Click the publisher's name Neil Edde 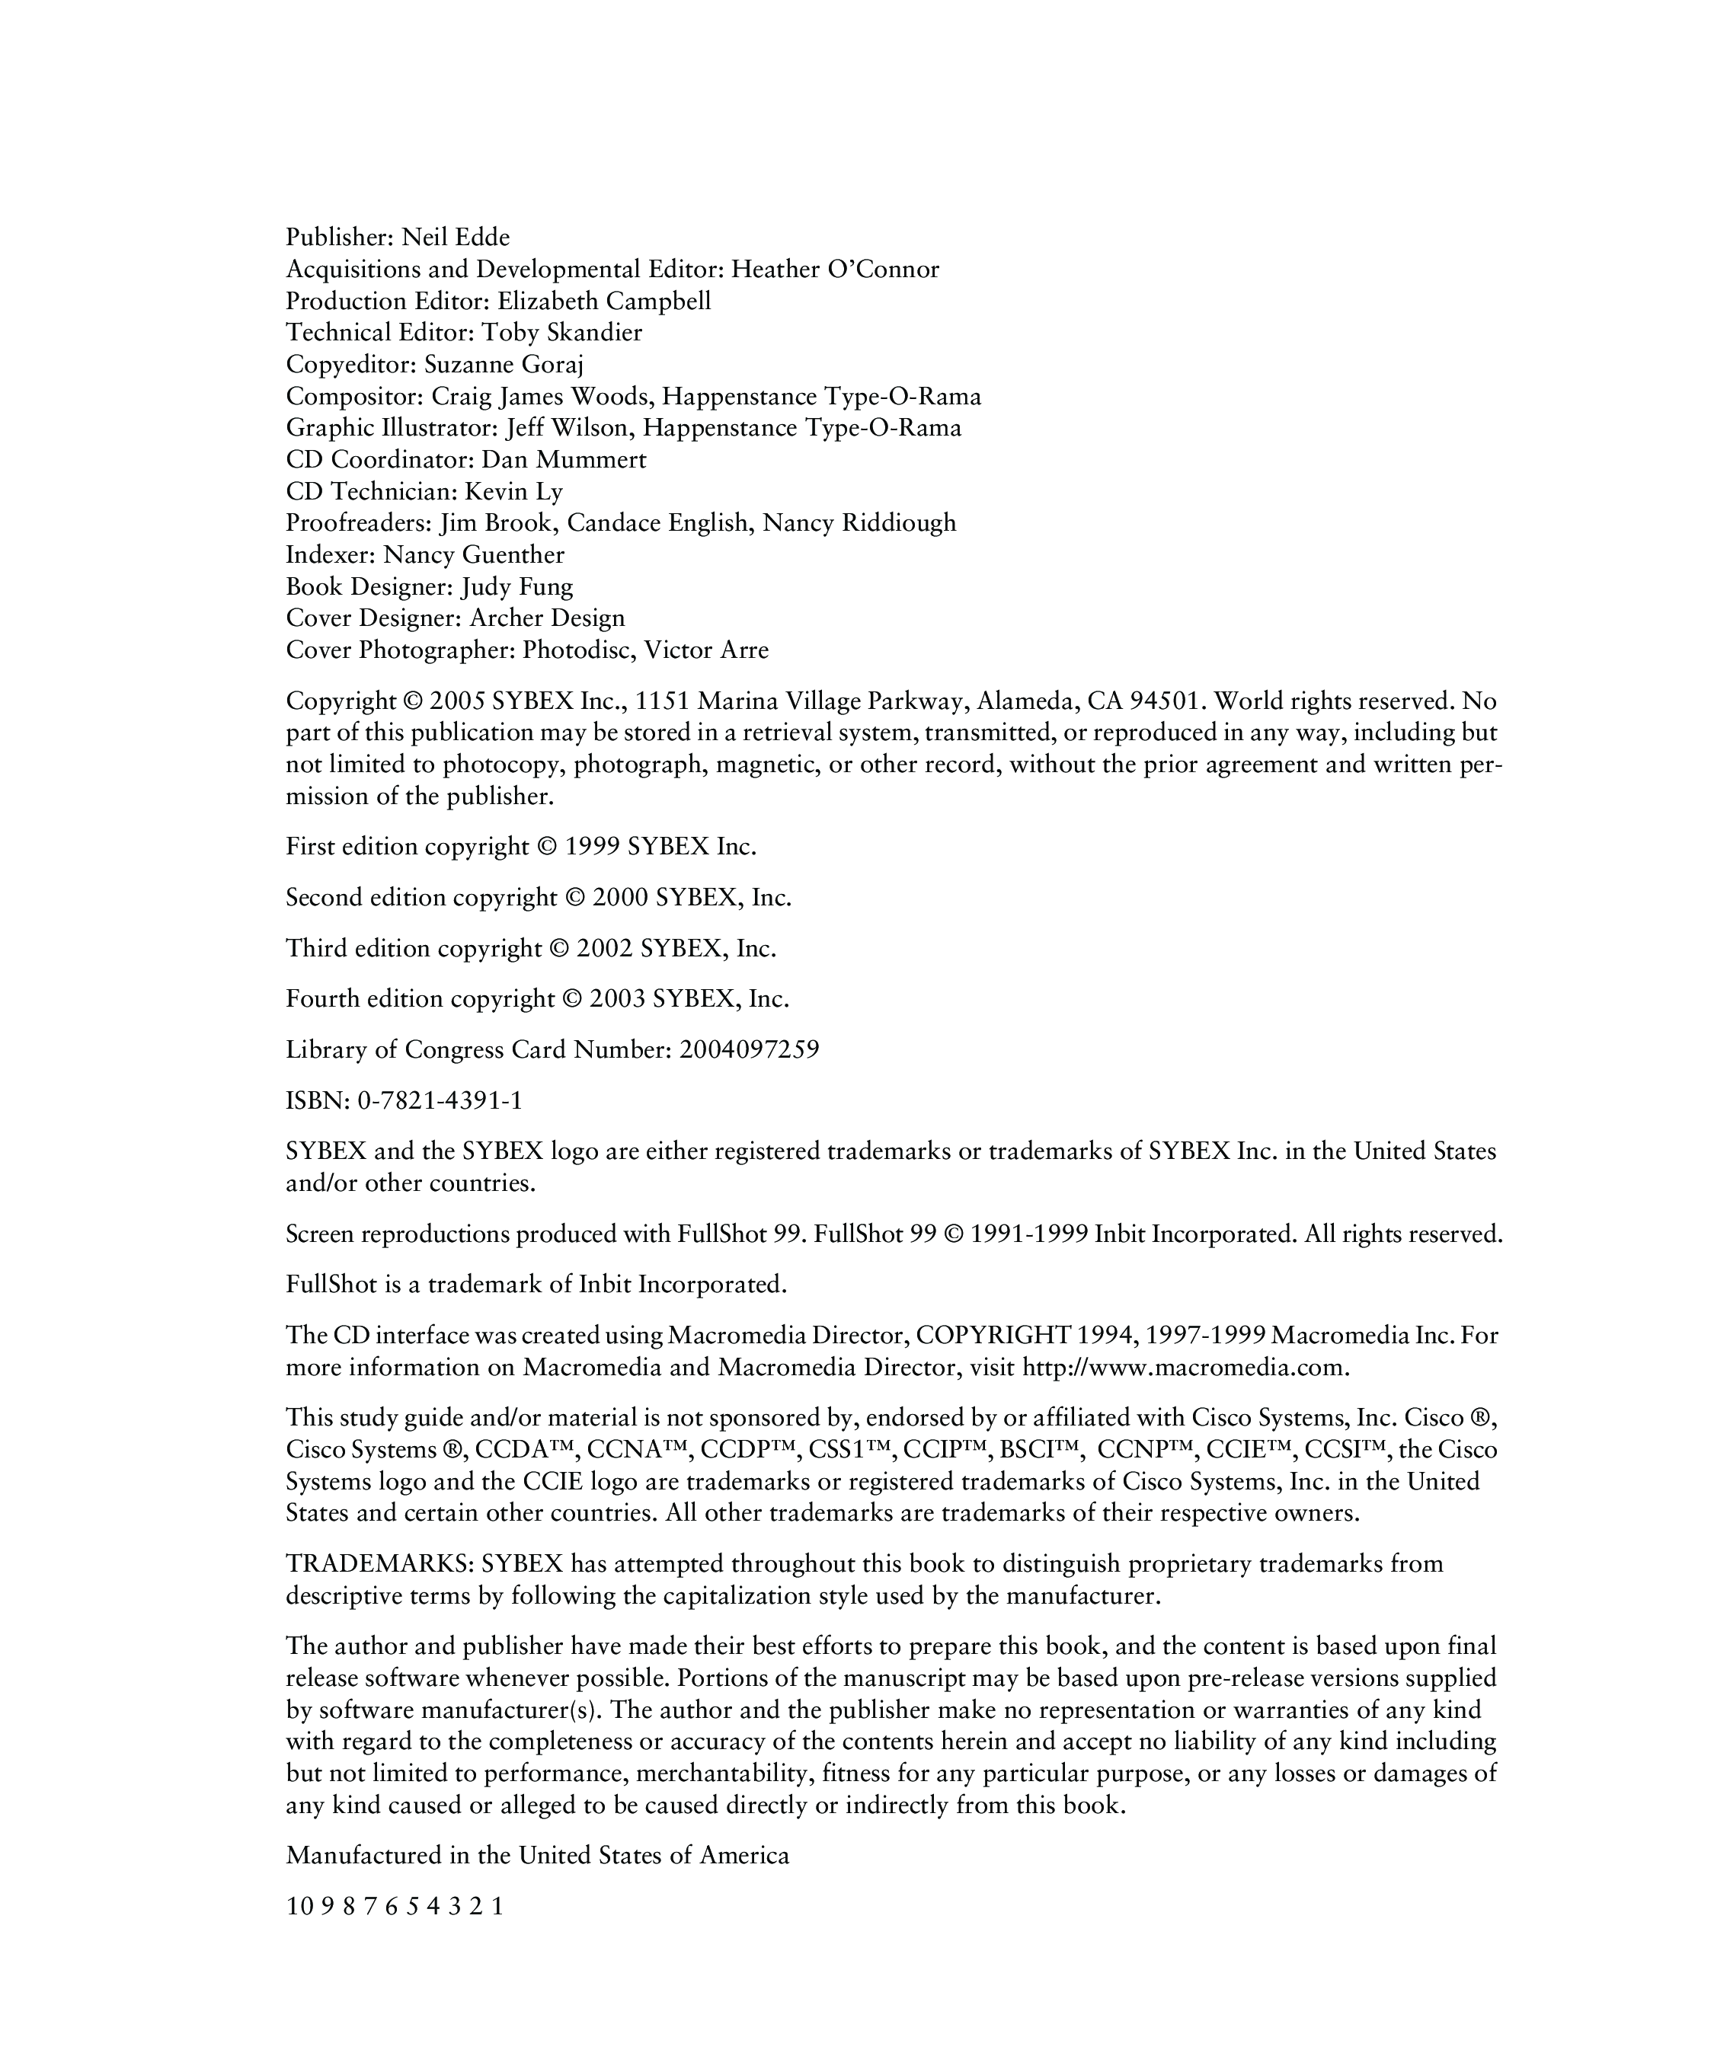tap(456, 238)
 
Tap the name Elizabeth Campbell tap(603, 302)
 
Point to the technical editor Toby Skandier tap(561, 333)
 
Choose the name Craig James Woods tap(542, 397)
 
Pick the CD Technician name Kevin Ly tap(513, 491)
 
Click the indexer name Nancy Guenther tap(473, 555)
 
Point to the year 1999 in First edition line tap(593, 847)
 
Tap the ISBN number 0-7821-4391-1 tap(440, 1101)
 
